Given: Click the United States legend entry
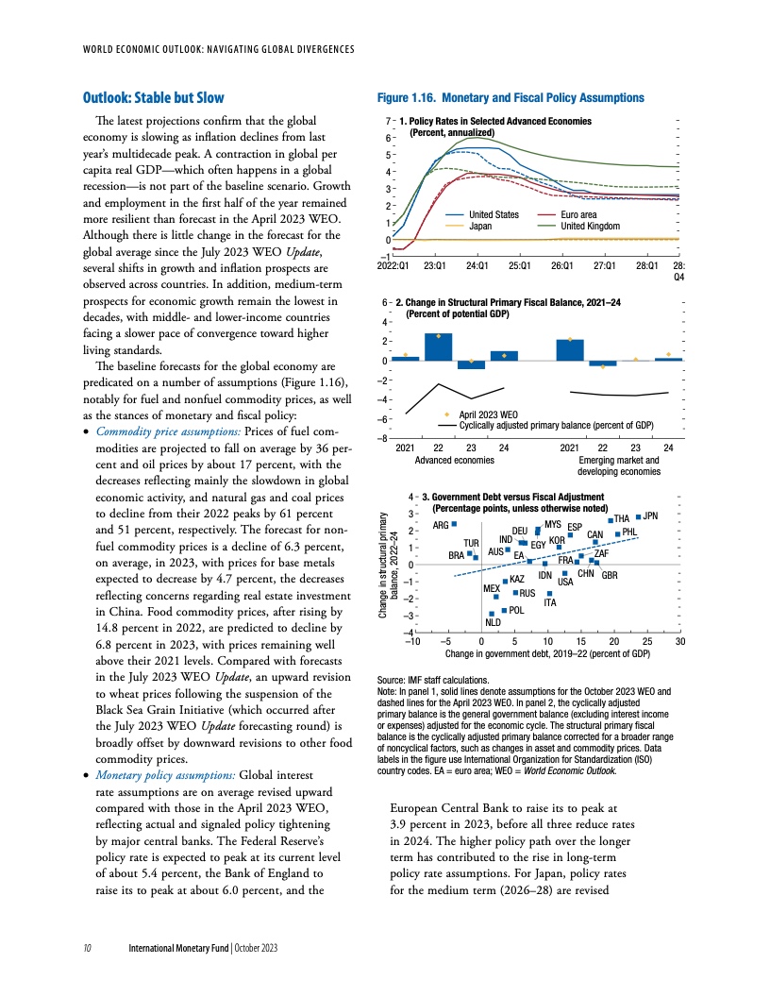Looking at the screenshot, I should click(x=494, y=215).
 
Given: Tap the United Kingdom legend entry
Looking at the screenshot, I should click(x=592, y=226).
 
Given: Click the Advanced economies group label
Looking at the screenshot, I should click(x=455, y=460).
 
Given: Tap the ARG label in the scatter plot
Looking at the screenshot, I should click(x=440, y=525).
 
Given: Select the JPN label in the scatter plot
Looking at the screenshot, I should click(x=649, y=515).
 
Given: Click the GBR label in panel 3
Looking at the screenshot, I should click(x=610, y=575).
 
